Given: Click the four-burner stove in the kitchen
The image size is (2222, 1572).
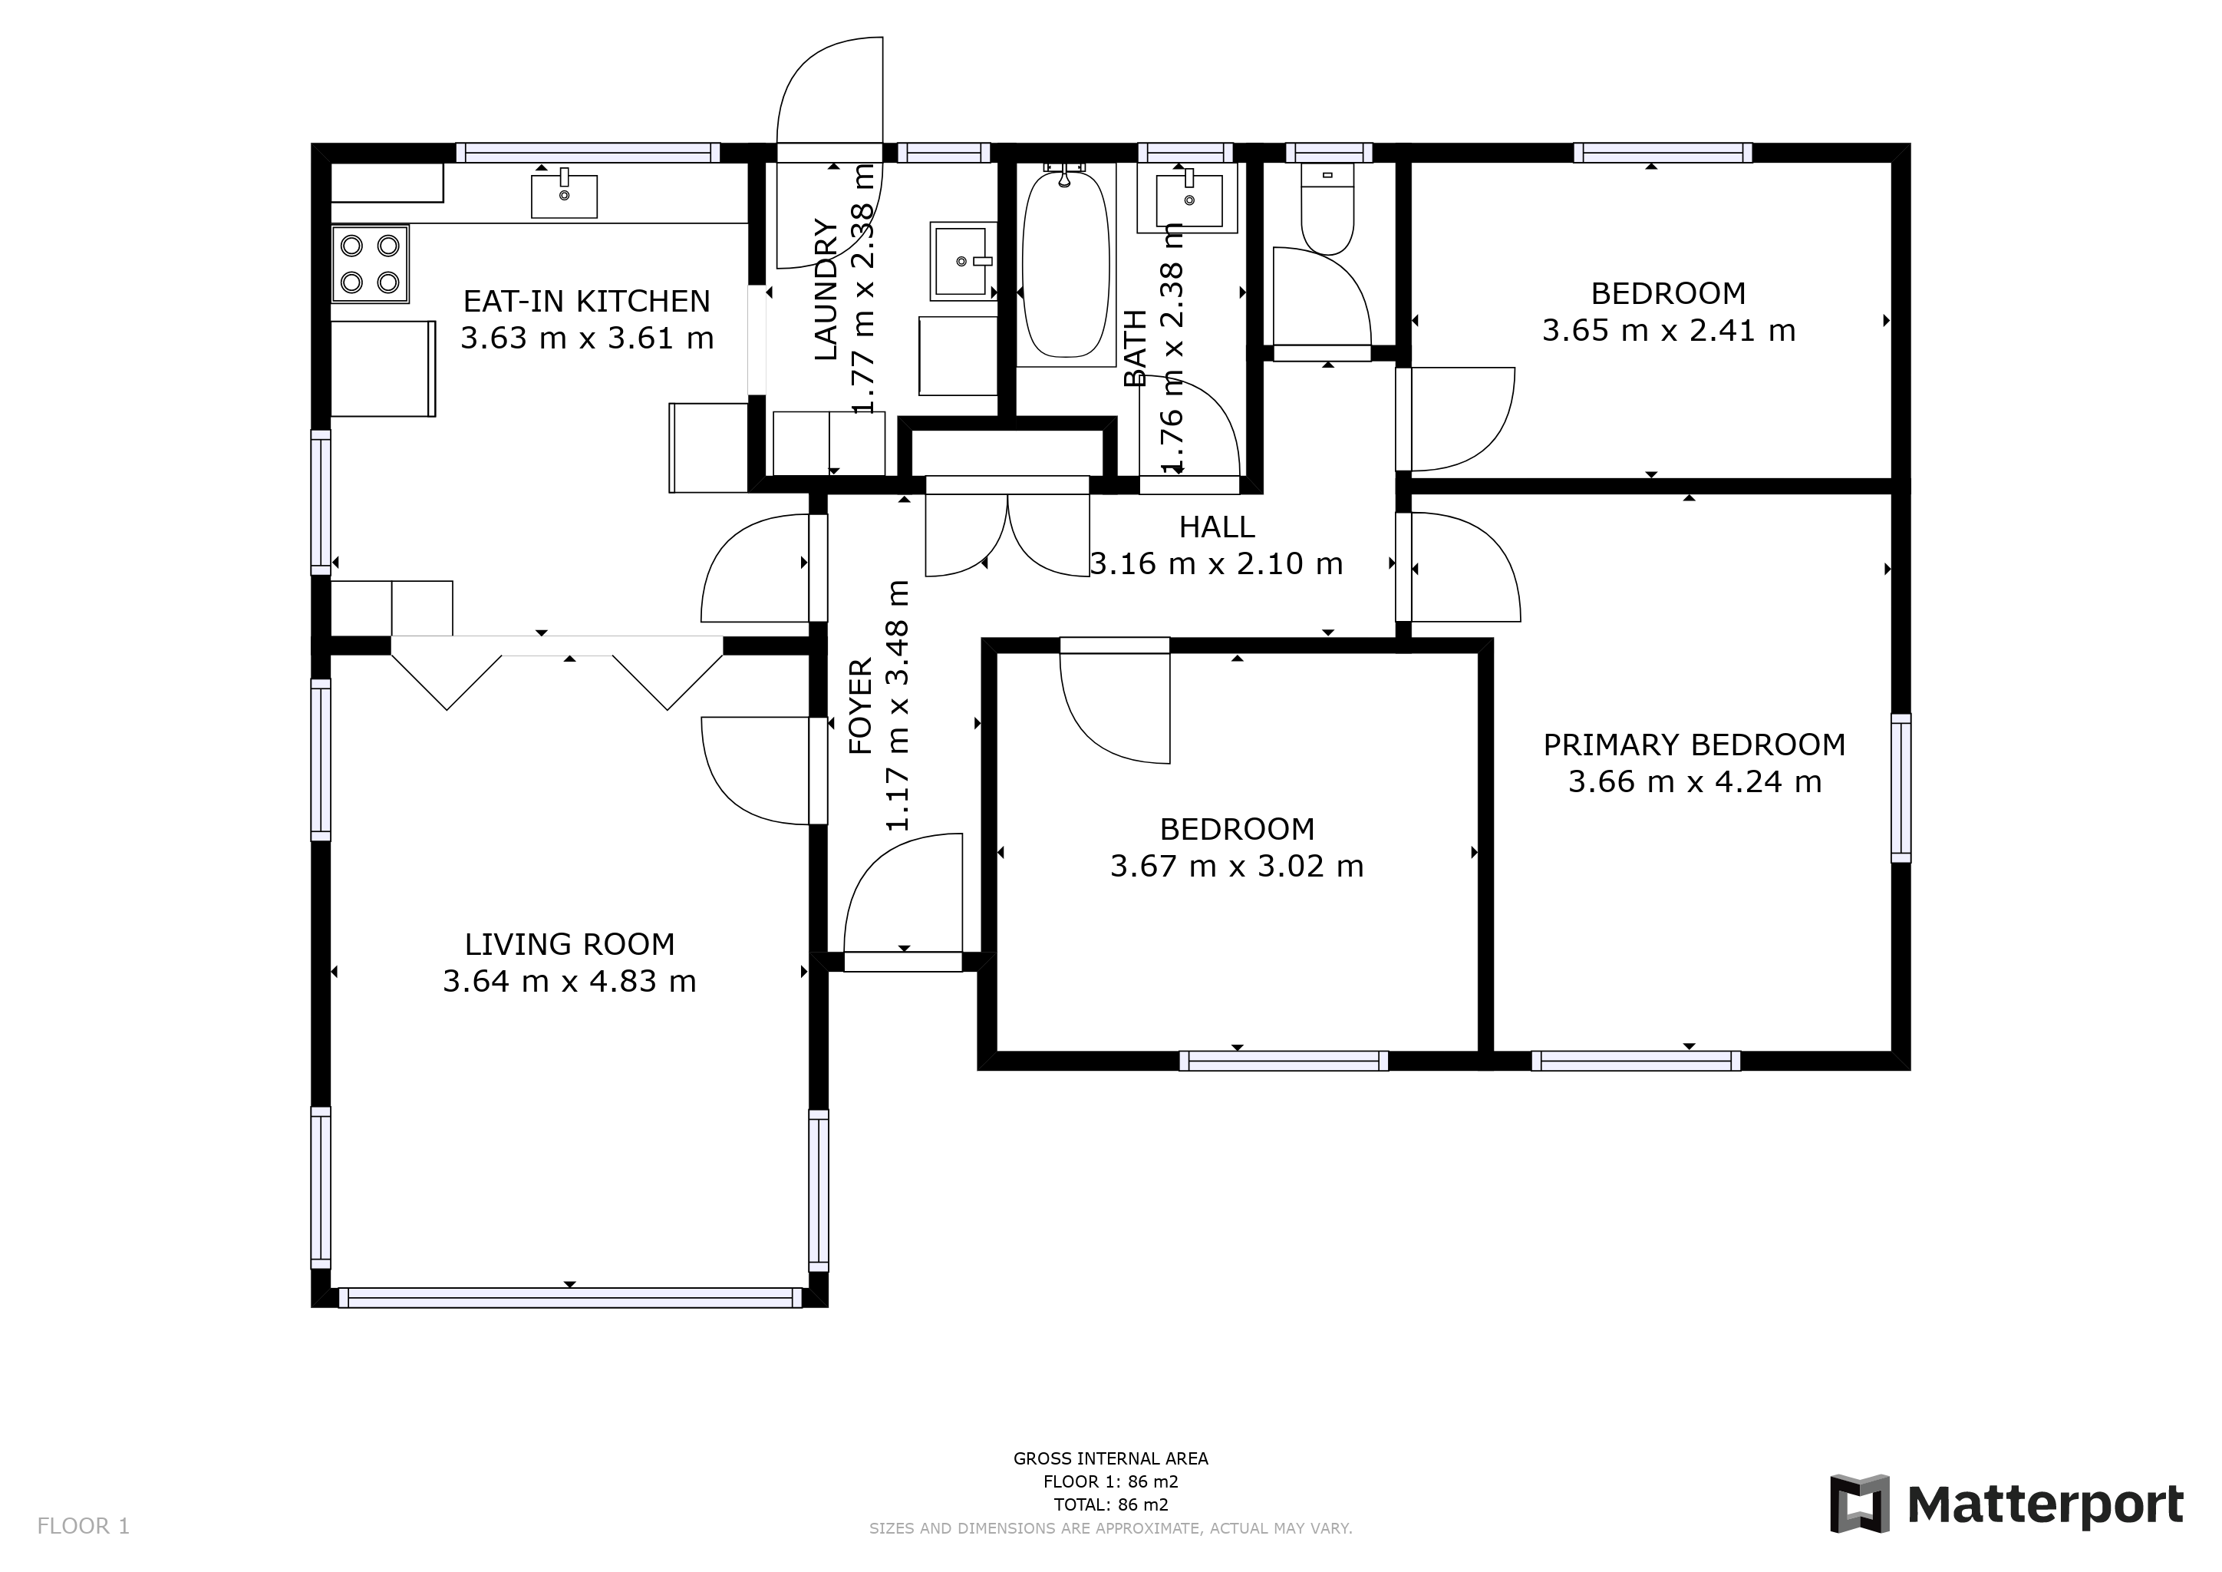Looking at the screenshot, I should click(x=370, y=263).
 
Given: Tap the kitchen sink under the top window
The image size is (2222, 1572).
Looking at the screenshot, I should click(x=563, y=196).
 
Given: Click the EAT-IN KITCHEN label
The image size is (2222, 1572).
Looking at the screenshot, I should click(x=586, y=301).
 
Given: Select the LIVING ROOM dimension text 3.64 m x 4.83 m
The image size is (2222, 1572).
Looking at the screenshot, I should click(x=569, y=982).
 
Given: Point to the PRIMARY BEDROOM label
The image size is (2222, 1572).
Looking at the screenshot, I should click(x=1693, y=745).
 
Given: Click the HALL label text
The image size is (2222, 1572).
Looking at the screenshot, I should click(x=1216, y=527).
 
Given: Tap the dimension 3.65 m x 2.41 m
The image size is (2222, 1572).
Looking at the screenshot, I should click(x=1669, y=331).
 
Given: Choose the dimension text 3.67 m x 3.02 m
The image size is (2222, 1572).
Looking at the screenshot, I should click(x=1237, y=865).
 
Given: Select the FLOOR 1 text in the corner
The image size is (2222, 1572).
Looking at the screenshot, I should click(x=83, y=1527).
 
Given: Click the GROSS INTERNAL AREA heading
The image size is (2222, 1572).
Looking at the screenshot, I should click(x=1110, y=1458).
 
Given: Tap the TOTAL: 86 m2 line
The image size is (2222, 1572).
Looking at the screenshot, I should click(x=1110, y=1505).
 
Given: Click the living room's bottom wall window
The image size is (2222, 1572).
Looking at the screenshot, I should click(x=569, y=1298).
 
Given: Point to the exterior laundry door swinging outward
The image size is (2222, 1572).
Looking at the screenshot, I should click(x=830, y=107).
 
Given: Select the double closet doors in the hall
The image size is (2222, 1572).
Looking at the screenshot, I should click(x=1007, y=533).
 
